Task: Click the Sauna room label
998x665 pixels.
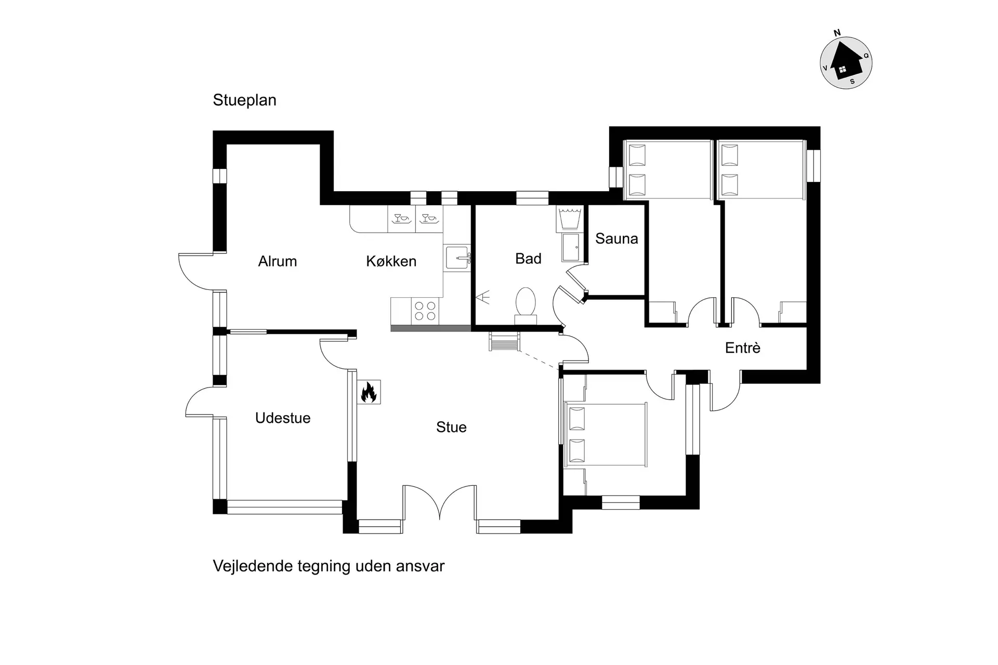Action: click(616, 238)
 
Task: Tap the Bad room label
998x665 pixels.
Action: click(528, 258)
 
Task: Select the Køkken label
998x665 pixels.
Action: click(391, 261)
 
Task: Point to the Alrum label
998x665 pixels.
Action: click(278, 261)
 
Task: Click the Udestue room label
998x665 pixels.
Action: click(283, 418)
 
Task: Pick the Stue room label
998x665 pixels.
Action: click(451, 427)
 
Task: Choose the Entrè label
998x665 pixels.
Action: click(742, 348)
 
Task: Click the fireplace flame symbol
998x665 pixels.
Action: click(369, 392)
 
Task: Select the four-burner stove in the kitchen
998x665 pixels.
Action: click(425, 311)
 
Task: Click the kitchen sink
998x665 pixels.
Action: click(457, 258)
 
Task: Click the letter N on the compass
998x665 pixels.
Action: click(837, 33)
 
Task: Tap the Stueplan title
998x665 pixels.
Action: click(244, 100)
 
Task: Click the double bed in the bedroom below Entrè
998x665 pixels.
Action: click(606, 435)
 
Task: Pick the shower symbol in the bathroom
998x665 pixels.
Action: click(483, 298)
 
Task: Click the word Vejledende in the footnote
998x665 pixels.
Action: click(253, 566)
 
